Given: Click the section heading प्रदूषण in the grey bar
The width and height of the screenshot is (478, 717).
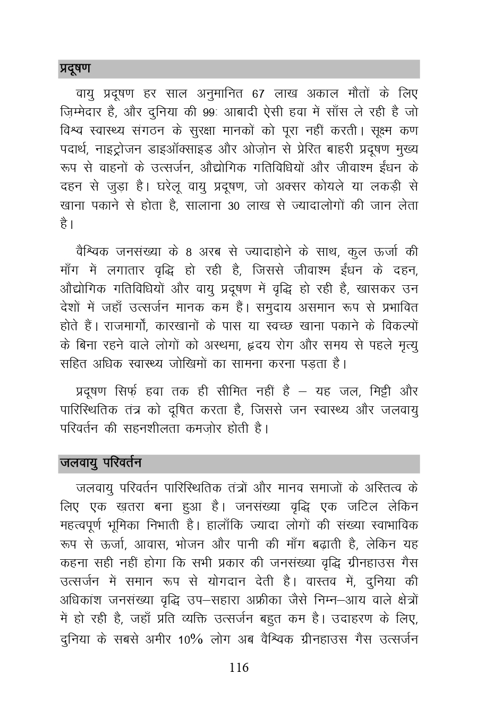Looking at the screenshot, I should (75, 69).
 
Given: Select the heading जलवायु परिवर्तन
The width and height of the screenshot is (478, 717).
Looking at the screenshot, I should (100, 463).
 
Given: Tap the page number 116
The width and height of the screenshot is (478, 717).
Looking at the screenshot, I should (239, 668).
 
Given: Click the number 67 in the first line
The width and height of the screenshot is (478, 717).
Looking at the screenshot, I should (258, 95).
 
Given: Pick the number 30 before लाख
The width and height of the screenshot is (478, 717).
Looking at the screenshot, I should (234, 206).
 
